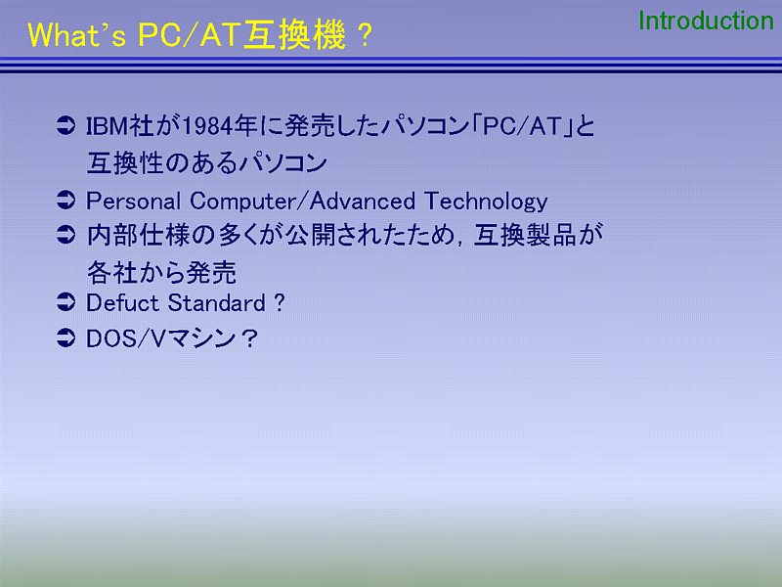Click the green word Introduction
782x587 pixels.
tap(706, 21)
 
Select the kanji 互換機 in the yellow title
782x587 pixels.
tap(294, 35)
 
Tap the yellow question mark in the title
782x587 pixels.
tap(365, 35)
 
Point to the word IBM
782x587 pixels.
tap(108, 126)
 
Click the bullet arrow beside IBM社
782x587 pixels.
tap(65, 125)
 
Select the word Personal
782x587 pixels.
tap(133, 202)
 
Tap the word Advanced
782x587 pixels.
tap(363, 202)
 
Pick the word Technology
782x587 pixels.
tap(486, 202)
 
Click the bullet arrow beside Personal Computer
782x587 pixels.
tap(65, 201)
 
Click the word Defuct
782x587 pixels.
tap(123, 303)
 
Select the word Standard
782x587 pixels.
tap(217, 303)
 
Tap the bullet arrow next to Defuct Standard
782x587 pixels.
tap(65, 302)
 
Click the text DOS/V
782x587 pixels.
tap(125, 339)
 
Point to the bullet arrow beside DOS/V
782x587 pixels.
tap(65, 338)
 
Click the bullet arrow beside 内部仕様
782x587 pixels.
tap(65, 234)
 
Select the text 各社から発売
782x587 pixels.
tap(161, 273)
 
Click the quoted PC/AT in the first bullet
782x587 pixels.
tap(522, 126)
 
